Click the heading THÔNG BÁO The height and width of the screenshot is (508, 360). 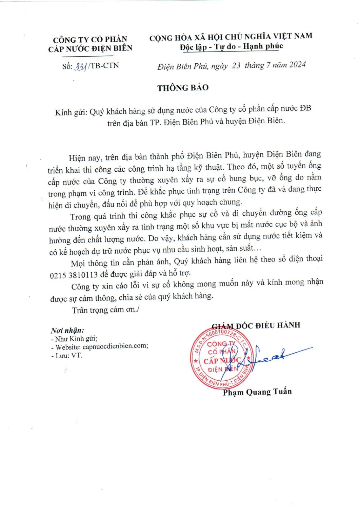coord(183,88)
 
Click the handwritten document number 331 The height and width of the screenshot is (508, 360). coord(81,66)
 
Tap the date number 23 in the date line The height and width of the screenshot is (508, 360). coord(236,65)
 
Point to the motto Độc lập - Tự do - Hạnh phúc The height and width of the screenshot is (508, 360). coord(231,46)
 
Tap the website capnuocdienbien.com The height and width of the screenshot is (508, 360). coord(115,346)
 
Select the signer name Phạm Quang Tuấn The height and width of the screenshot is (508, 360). coord(257,392)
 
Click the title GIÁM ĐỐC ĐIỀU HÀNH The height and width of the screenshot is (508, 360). coord(256,325)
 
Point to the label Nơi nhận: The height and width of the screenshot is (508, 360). coord(67,331)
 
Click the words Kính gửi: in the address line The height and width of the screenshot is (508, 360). coord(71,112)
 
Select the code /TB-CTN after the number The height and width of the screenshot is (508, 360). coord(104,66)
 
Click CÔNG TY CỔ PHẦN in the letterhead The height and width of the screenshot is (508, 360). coord(90,39)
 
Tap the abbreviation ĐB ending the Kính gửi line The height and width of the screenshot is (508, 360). coord(305,108)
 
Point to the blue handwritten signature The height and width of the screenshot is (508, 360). coord(271,356)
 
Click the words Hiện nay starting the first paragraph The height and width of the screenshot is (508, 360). coord(84,158)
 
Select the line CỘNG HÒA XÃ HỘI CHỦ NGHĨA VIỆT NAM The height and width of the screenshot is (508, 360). coord(231,37)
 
